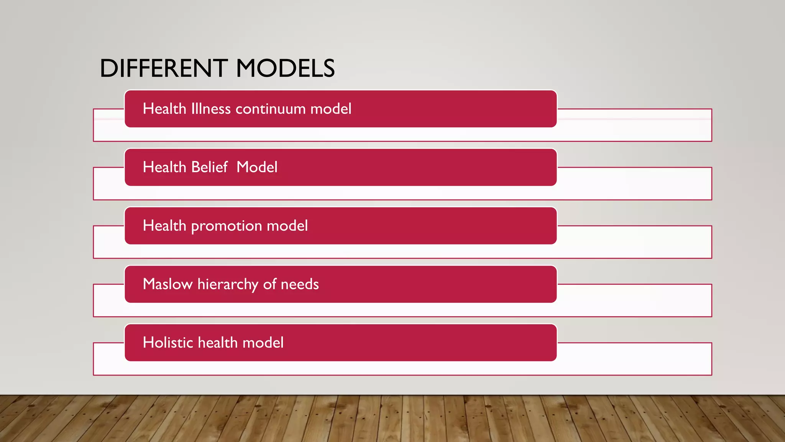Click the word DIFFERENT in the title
tap(164, 69)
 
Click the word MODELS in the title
tap(285, 69)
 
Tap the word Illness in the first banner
tap(211, 109)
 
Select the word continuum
tap(271, 109)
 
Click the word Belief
tap(209, 167)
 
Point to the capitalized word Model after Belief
tap(257, 167)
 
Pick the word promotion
tap(226, 226)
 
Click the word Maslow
tap(168, 284)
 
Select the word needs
tap(300, 285)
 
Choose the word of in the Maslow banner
tap(269, 284)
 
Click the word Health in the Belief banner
tap(164, 167)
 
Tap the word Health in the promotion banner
tap(164, 226)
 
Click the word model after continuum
tap(331, 109)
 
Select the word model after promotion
tap(287, 226)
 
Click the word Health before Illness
tap(164, 109)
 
